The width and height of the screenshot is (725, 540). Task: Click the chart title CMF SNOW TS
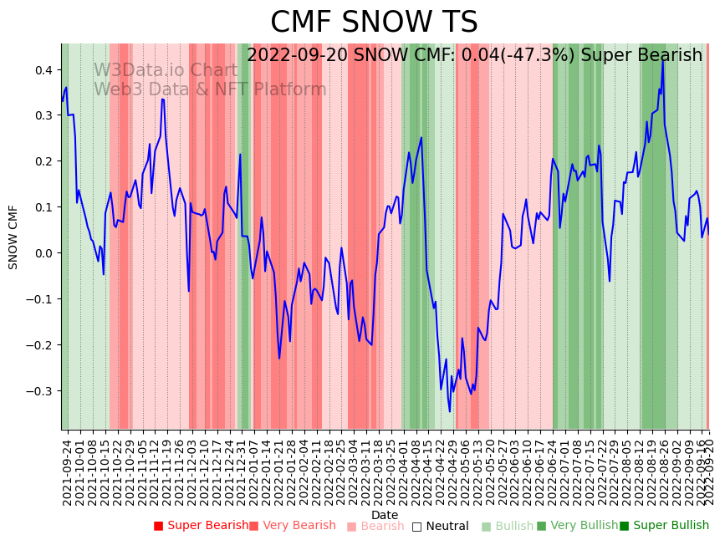374,23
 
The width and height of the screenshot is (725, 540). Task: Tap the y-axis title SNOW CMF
13,237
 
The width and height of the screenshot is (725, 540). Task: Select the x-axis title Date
385,515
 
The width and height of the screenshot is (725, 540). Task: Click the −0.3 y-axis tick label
38,391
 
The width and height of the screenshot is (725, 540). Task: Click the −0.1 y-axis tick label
38,299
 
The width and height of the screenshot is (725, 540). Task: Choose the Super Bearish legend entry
201,526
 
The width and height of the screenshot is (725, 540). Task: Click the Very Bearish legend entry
292,526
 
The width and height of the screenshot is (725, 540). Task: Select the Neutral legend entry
440,526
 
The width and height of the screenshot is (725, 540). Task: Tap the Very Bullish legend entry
577,526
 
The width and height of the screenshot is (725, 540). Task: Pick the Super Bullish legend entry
664,526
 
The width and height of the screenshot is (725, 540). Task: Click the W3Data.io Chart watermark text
165,70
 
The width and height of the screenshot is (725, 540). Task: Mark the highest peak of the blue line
663,59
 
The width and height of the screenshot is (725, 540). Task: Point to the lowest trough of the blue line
449,411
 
